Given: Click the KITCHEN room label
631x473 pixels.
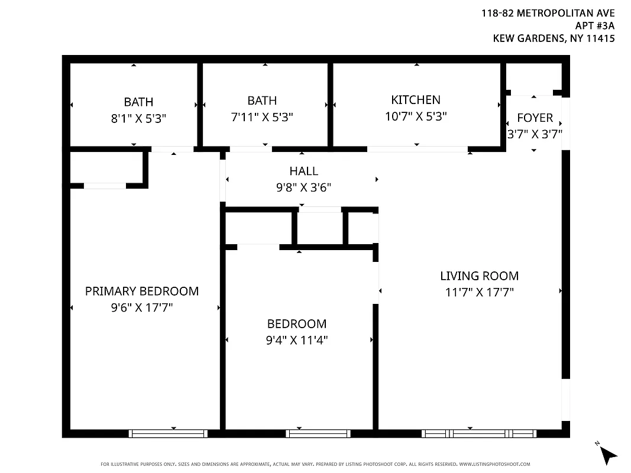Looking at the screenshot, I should coord(416,100).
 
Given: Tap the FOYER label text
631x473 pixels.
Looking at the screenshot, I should coord(535,118).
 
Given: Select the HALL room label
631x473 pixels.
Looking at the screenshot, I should coord(303,171).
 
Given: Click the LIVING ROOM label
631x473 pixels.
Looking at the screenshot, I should coord(479,276).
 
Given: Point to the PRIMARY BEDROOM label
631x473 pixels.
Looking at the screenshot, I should coord(142,291).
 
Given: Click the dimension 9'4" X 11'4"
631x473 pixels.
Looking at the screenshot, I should coord(297,340).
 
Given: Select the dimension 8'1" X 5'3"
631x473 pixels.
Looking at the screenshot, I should coord(138,118).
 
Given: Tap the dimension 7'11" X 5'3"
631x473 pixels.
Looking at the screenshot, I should coord(262,117).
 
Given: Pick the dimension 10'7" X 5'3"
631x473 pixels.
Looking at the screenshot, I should coord(416,116).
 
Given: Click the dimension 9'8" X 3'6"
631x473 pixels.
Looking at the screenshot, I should coord(303,187).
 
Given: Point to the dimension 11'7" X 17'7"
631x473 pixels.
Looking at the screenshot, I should coord(479,292).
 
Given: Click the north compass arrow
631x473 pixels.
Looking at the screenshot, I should coord(607,454).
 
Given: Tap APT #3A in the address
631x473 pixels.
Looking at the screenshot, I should coord(595,25).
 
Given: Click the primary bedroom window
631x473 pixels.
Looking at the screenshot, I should coord(169,433).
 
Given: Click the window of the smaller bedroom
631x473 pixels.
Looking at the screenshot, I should coord(318,433).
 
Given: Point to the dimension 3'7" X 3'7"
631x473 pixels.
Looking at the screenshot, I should coord(535,134).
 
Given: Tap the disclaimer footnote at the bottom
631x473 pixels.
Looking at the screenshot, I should coord(315,464).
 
